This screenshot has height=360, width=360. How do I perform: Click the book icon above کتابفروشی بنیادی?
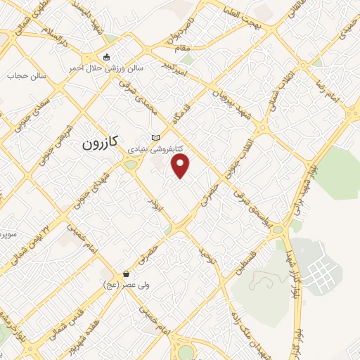click(x=155, y=138)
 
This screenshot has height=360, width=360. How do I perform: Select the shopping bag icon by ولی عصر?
click(x=126, y=274)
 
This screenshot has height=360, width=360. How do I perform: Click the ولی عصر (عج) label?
click(x=126, y=285)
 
